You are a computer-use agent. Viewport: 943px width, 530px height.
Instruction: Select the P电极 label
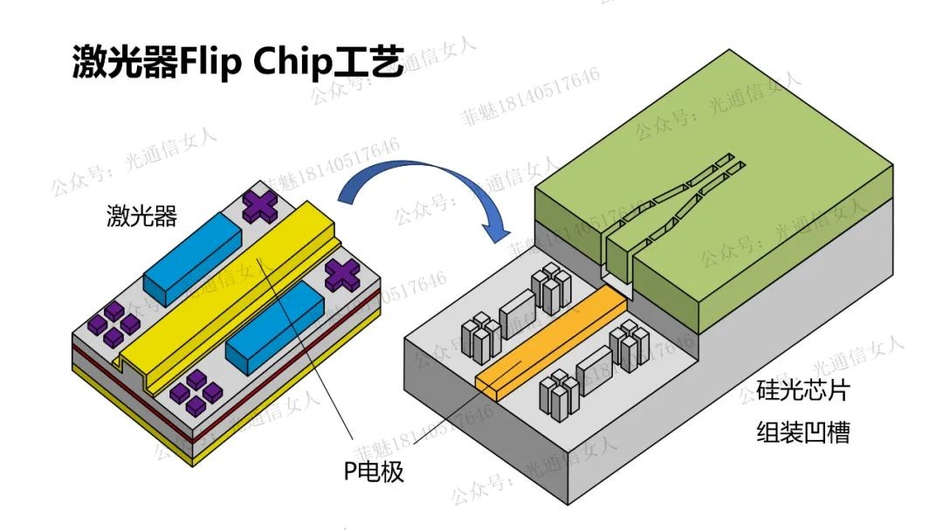[x=373, y=471]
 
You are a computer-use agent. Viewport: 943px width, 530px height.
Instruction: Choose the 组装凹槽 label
[x=802, y=432]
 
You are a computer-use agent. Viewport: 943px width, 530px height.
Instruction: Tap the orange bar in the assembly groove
[x=550, y=341]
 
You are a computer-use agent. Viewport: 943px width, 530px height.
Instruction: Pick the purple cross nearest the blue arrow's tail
[x=260, y=206]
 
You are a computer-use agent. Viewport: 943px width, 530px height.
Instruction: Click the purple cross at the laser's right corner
[x=343, y=275]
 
